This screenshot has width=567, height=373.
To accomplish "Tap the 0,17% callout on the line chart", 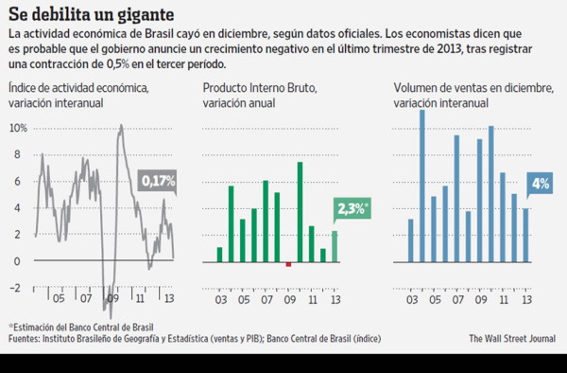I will [x=158, y=180].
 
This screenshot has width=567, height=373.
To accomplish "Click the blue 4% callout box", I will [x=541, y=183].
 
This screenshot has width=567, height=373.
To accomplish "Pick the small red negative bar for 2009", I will [x=288, y=264].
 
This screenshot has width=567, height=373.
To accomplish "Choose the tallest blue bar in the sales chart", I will [x=422, y=185].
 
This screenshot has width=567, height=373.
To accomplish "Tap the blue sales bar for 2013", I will [x=526, y=234].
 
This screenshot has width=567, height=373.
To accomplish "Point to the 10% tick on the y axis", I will [x=16, y=127].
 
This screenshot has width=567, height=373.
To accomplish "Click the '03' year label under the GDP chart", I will [x=220, y=275].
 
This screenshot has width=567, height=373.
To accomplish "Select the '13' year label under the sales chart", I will [x=526, y=275].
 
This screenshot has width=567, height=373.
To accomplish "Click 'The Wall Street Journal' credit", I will [x=511, y=338].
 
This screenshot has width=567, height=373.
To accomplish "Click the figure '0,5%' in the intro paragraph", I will [x=129, y=64].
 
